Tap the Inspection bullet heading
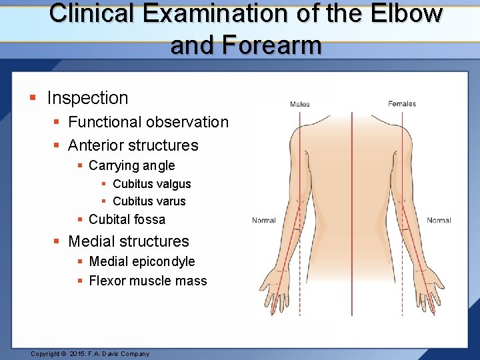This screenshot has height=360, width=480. (87, 98)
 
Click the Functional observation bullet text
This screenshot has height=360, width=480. (148, 122)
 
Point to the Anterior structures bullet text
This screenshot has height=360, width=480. (133, 145)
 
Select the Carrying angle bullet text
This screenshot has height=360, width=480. (131, 165)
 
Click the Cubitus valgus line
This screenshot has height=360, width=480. (152, 184)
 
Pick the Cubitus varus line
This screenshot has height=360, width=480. (149, 201)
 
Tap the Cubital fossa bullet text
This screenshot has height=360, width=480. (127, 219)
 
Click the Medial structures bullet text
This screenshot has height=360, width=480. (129, 241)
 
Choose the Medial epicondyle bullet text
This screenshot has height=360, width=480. (141, 261)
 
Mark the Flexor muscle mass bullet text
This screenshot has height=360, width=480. (147, 281)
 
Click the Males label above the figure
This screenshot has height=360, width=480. (299, 104)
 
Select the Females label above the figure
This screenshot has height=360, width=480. (402, 103)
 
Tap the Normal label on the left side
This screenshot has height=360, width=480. (264, 221)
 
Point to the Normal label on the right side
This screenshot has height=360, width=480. (439, 221)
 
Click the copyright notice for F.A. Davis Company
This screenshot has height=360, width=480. (90, 354)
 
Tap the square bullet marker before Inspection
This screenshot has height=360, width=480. (33, 99)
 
